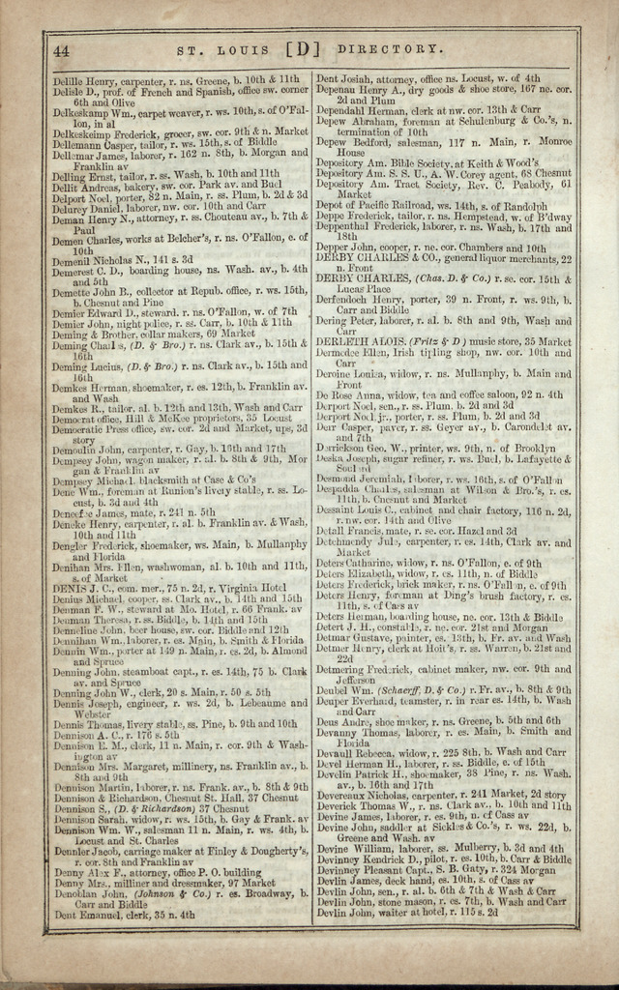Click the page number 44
(60, 50)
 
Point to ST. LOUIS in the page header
(225, 49)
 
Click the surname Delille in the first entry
(69, 80)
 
